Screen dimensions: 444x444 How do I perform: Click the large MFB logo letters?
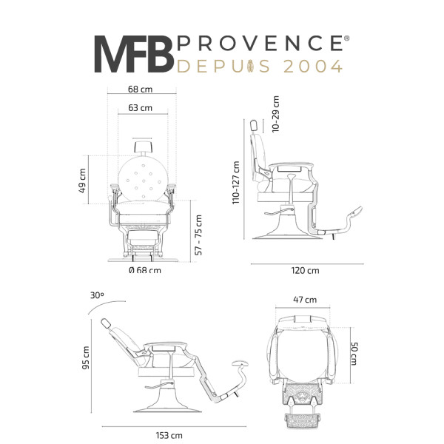[x=134, y=54]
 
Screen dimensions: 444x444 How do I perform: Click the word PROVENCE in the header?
[x=260, y=43]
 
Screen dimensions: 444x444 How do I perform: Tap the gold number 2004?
[x=313, y=67]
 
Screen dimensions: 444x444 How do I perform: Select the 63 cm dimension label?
[x=140, y=108]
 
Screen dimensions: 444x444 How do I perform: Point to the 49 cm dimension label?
[x=82, y=181]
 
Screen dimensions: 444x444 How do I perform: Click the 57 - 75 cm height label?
[x=198, y=235]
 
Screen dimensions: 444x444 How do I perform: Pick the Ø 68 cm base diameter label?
[x=145, y=270]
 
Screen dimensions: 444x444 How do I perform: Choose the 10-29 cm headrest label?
[x=275, y=114]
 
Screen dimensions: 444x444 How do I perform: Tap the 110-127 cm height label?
[x=236, y=182]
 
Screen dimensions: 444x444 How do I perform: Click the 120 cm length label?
[x=305, y=271]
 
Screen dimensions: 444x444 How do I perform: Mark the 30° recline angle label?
[x=97, y=295]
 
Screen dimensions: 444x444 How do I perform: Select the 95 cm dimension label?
[x=86, y=357]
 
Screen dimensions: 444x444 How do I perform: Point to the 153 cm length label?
[x=169, y=435]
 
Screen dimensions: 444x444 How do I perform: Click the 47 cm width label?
[x=305, y=300]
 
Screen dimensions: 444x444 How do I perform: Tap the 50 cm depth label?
[x=354, y=354]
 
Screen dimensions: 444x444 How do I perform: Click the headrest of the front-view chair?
[x=143, y=147]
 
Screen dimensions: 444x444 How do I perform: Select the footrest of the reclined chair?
[x=240, y=363]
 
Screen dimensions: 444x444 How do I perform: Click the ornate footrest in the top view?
[x=303, y=420]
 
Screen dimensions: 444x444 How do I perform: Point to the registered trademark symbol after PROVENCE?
[x=347, y=38]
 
